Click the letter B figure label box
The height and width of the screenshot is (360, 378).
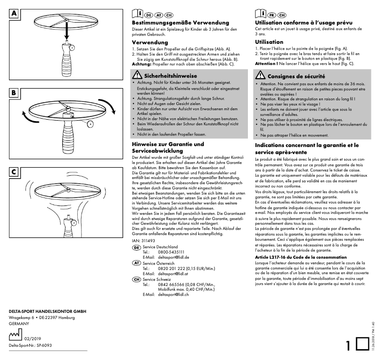(x=14, y=93)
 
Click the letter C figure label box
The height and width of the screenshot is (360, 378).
(x=14, y=172)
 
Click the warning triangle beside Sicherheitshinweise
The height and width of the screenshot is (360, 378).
(x=136, y=75)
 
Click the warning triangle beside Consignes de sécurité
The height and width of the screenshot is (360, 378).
(x=260, y=75)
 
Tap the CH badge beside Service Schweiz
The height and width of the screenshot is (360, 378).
(x=136, y=279)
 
